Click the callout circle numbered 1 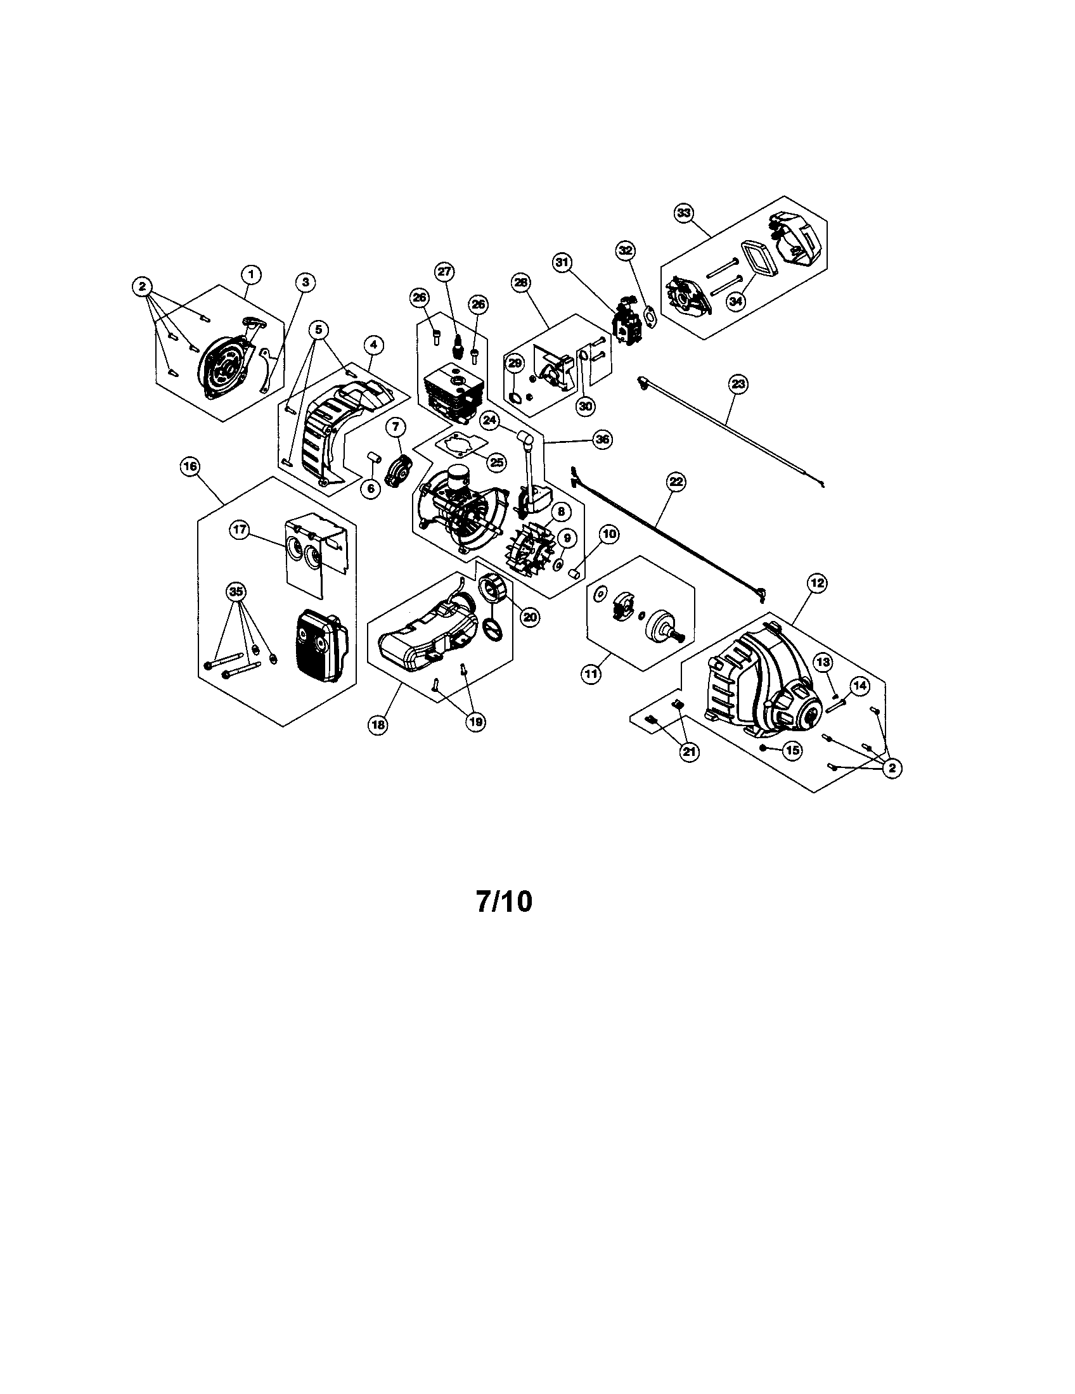coord(251,274)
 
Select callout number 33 coord(684,213)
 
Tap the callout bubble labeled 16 coord(190,466)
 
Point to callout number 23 coord(738,384)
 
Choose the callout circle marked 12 coord(817,582)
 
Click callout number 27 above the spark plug coord(444,271)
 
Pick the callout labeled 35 coord(236,592)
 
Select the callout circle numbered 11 coord(592,673)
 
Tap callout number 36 coord(602,439)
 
